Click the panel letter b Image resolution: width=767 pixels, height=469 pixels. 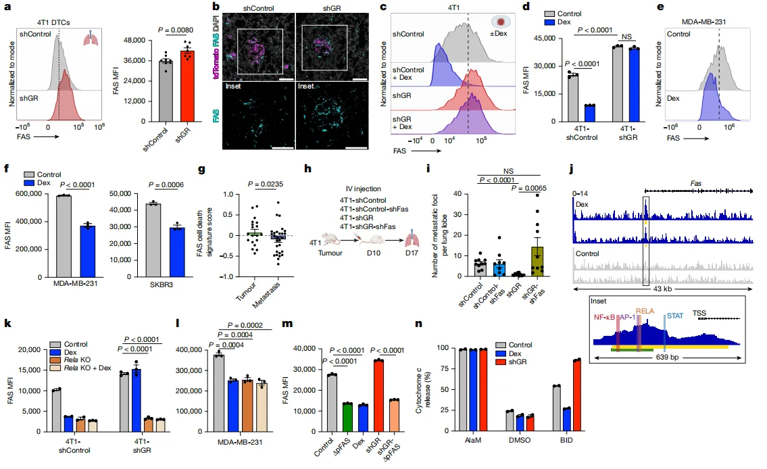pos(216,6)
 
